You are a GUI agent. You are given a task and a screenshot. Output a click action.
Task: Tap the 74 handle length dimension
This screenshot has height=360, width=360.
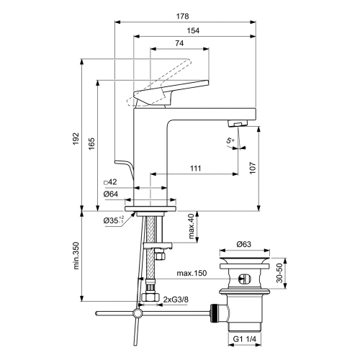coord(178,44)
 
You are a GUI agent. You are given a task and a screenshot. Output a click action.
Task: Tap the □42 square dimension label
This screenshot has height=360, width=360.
coord(110,182)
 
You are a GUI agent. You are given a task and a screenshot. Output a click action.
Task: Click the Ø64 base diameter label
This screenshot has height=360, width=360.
coord(110,194)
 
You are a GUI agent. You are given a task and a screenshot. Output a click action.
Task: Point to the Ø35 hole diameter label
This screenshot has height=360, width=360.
coord(112,220)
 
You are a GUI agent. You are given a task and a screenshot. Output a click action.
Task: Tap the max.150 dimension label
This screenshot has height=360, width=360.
coord(192,273)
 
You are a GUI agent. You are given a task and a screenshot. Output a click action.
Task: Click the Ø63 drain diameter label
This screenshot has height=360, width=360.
coord(245,244)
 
